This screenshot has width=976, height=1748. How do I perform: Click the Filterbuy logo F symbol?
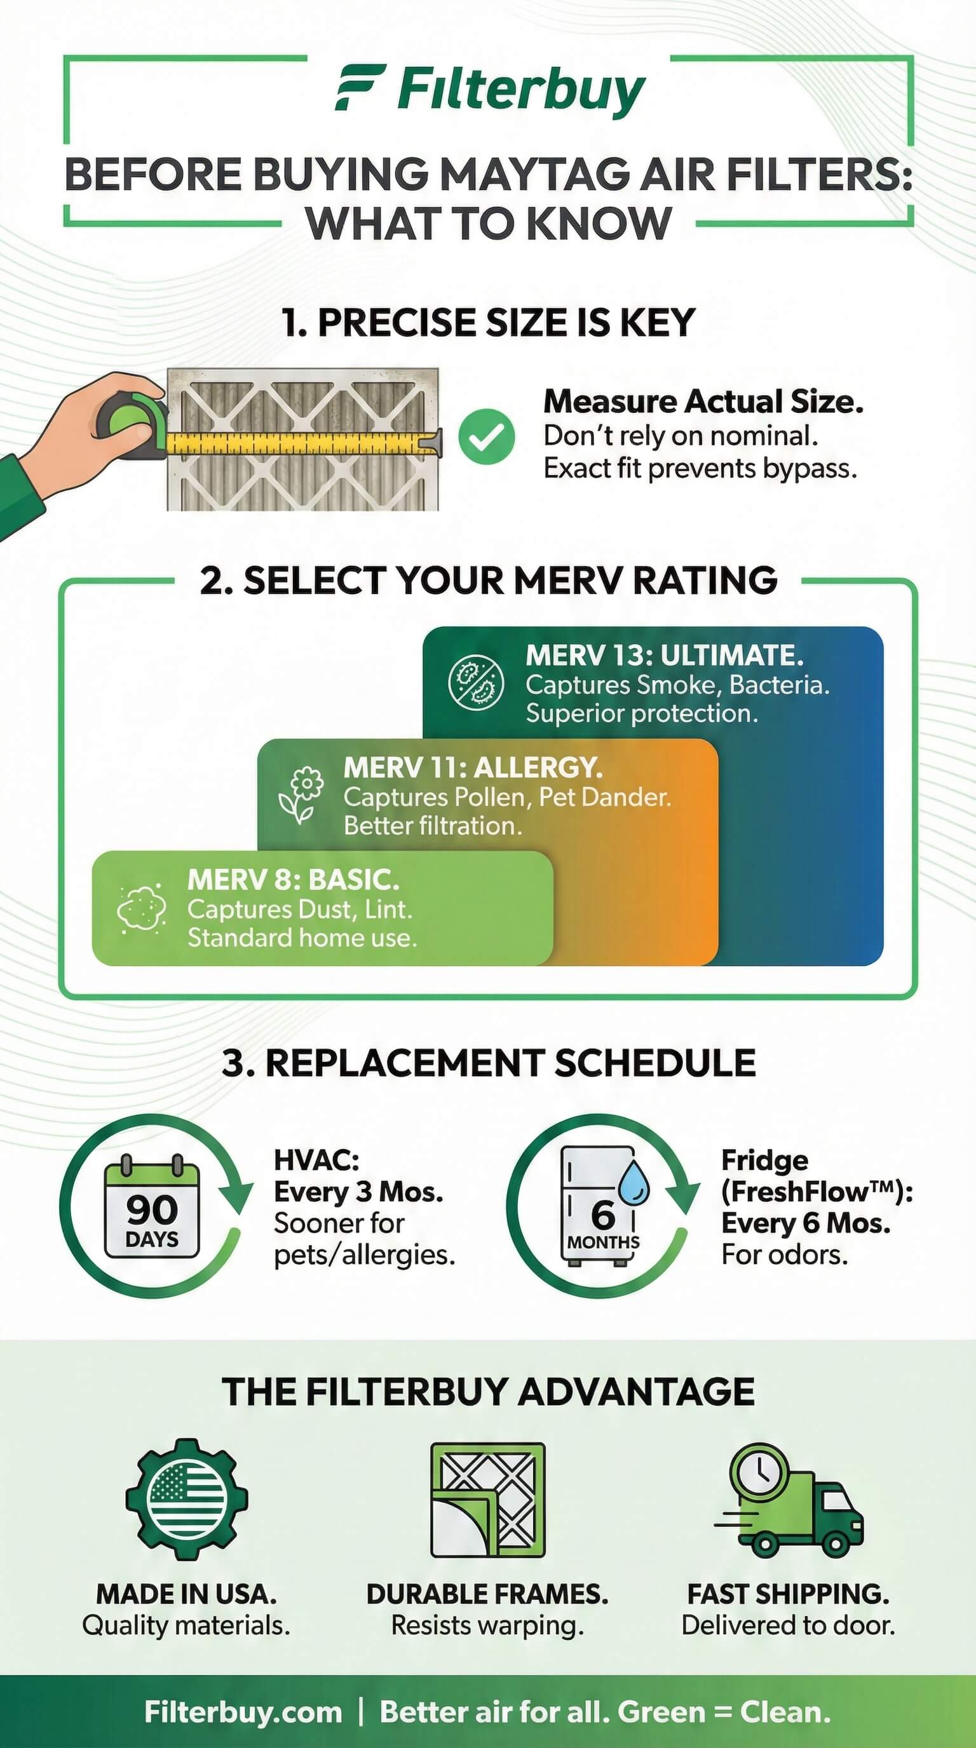coord(360,88)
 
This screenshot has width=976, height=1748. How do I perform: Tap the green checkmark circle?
coord(486,436)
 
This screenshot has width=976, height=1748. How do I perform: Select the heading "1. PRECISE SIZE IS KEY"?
coord(489,321)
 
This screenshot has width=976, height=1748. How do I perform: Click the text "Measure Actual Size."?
coord(703,401)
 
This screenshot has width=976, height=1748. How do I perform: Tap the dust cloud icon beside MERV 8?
coord(141,908)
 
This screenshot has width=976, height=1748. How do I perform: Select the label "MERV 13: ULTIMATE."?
coord(665,655)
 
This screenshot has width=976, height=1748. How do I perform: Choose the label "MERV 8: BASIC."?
coord(293,880)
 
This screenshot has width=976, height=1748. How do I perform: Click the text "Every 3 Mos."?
coord(358,1192)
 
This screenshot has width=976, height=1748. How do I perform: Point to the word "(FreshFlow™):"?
coord(817,1192)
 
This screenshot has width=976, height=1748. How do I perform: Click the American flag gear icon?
coord(187,1500)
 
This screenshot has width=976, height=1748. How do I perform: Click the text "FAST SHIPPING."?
coord(788,1594)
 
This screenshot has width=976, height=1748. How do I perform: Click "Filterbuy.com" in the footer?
coord(243,1712)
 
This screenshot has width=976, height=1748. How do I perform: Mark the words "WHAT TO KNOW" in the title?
coord(489,223)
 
